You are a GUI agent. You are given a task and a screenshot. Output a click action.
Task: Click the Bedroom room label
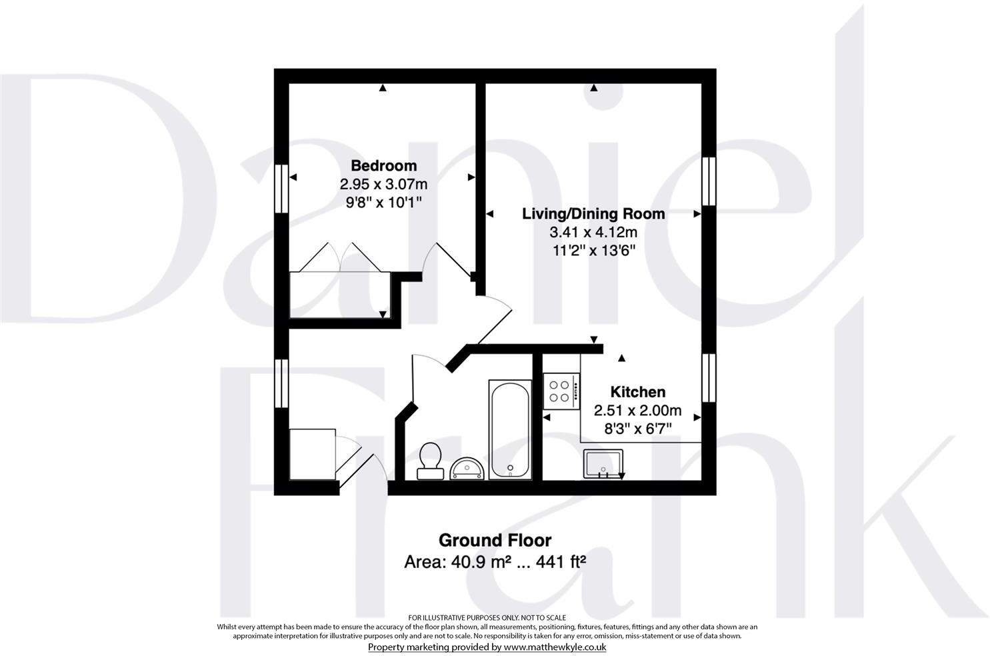pyautogui.click(x=383, y=165)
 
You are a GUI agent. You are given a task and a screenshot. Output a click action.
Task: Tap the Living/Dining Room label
pyautogui.click(x=593, y=214)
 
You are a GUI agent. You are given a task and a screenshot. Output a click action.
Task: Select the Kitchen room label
pyautogui.click(x=638, y=392)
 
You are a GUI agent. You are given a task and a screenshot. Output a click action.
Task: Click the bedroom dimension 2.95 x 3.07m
pyautogui.click(x=383, y=184)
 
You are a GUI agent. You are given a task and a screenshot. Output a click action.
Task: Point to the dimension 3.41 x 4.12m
pyautogui.click(x=593, y=233)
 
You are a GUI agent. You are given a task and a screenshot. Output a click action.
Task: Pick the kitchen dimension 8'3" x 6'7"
pyautogui.click(x=638, y=429)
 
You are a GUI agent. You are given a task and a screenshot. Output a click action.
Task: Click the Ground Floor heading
pyautogui.click(x=495, y=540)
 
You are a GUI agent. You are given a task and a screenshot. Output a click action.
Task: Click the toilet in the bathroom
pyautogui.click(x=430, y=461)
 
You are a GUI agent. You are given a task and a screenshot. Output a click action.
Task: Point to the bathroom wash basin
pyautogui.click(x=467, y=468)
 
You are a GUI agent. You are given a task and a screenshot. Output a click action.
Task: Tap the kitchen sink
pyautogui.click(x=604, y=464)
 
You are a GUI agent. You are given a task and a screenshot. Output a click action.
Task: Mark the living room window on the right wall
pyautogui.click(x=709, y=181)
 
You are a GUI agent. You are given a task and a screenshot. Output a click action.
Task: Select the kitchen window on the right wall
pyautogui.click(x=709, y=377)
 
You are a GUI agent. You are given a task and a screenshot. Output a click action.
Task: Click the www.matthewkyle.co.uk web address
pyautogui.click(x=555, y=647)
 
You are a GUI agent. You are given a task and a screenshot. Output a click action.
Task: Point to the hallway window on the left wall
pyautogui.click(x=281, y=384)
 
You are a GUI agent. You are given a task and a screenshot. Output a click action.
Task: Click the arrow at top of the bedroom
pyautogui.click(x=383, y=88)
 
